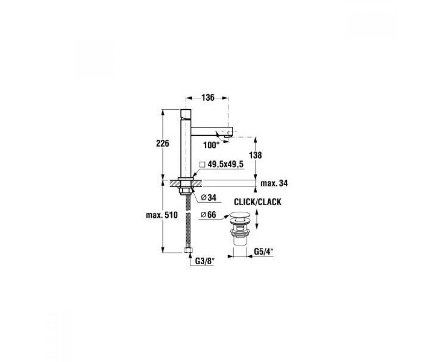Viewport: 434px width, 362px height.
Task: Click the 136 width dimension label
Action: [x=208, y=98]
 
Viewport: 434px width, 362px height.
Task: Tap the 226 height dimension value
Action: [x=162, y=144]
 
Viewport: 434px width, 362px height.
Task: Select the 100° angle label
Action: [x=211, y=146]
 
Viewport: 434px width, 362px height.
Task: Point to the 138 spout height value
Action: [x=255, y=155]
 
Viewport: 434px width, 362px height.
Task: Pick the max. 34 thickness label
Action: [x=274, y=183]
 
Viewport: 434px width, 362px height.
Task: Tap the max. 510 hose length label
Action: [x=162, y=215]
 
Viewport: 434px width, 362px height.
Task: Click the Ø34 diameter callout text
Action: [x=209, y=198]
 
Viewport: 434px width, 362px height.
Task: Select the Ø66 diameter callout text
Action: [x=208, y=215]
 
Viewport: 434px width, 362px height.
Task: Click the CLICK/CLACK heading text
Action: [x=258, y=202]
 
